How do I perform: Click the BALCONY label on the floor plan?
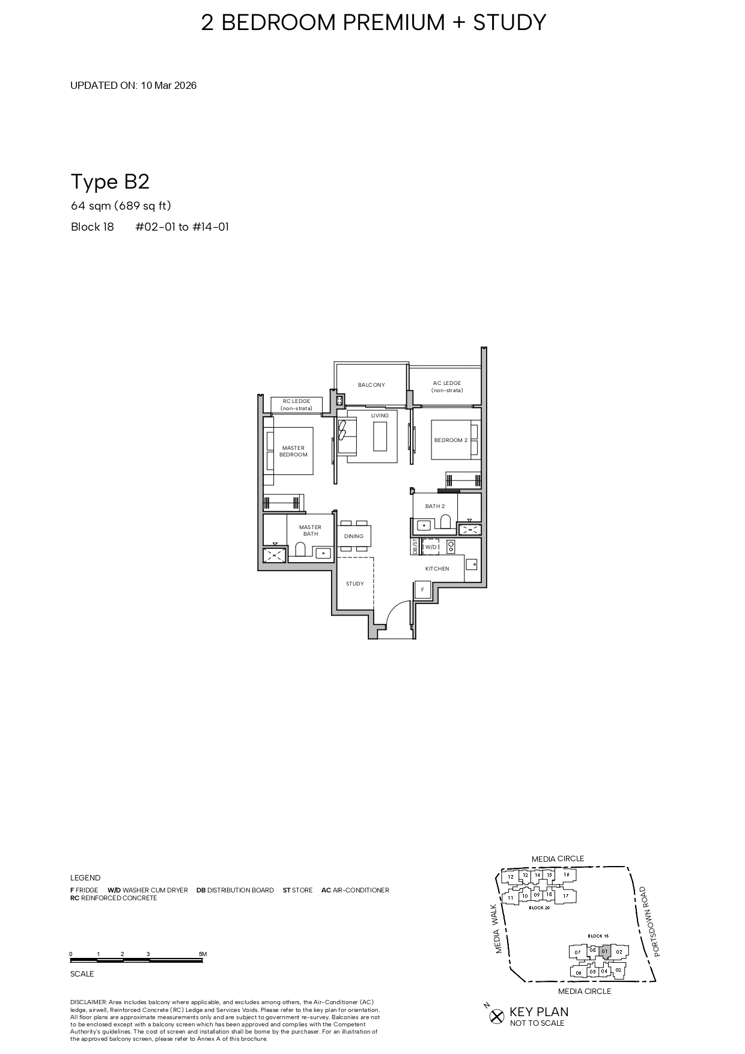click(371, 385)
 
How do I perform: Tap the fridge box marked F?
click(423, 590)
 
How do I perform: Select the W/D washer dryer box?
click(431, 547)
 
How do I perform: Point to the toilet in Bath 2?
click(445, 521)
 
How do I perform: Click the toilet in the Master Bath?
click(300, 550)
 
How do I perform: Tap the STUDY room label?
click(354, 584)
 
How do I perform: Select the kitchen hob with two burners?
click(451, 547)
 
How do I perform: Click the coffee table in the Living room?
click(380, 436)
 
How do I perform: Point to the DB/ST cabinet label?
click(415, 547)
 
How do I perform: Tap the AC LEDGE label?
click(447, 386)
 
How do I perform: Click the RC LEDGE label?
click(296, 404)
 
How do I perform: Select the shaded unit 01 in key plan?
click(605, 951)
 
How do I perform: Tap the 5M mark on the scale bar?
click(202, 954)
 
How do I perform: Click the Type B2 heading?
click(110, 181)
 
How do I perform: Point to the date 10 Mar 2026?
click(169, 85)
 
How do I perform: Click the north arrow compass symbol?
click(496, 1016)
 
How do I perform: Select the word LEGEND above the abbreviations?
click(85, 877)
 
